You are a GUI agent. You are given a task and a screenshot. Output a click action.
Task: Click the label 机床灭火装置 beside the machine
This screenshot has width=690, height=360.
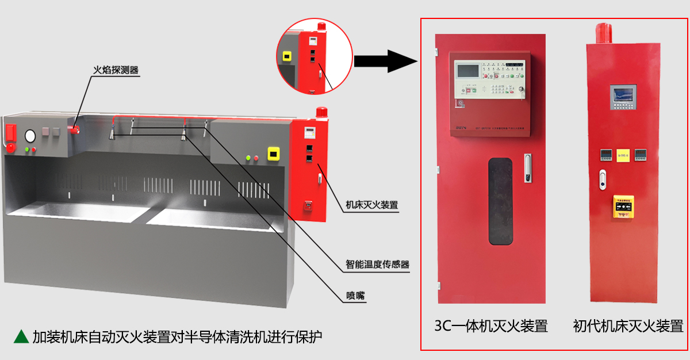point(371,204)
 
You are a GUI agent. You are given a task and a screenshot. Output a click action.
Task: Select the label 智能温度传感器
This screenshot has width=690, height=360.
point(377,265)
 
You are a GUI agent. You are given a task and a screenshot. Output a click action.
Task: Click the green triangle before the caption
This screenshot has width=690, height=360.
point(21,336)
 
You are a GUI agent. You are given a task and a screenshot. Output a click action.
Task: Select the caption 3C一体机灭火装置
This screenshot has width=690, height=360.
point(491,326)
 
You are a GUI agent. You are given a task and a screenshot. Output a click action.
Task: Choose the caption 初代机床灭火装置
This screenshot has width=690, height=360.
point(628,326)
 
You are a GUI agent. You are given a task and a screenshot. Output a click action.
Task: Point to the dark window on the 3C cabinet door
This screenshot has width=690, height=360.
point(500,201)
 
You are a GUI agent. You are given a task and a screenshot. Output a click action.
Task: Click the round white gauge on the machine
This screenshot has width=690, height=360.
point(30,136)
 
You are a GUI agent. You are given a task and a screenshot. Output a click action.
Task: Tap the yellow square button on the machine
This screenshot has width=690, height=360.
point(274,154)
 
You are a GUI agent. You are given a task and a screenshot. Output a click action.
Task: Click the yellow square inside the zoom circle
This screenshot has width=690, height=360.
point(286,57)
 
